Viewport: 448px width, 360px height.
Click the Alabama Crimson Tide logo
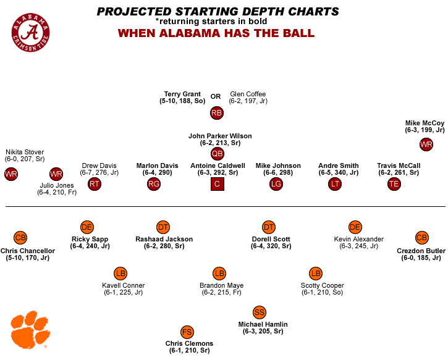[31, 31]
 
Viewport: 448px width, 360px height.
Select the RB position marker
[216, 113]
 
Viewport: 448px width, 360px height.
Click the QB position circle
[217, 154]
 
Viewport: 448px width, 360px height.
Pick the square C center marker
[217, 183]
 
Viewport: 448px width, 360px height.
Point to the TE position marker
[394, 183]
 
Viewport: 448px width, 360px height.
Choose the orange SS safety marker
[260, 312]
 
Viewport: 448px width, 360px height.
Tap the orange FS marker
[187, 332]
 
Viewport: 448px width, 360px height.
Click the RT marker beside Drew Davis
[94, 183]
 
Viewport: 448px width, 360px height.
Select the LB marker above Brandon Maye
[219, 274]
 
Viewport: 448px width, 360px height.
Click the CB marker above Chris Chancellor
[20, 238]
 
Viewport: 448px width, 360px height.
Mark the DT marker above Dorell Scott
[268, 227]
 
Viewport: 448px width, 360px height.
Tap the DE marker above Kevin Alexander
[355, 227]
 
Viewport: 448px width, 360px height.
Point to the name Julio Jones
[56, 185]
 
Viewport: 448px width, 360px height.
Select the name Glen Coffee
[247, 94]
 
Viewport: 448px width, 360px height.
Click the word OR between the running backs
[216, 96]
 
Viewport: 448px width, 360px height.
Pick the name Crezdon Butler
[421, 251]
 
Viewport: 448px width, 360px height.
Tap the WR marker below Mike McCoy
[426, 144]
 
